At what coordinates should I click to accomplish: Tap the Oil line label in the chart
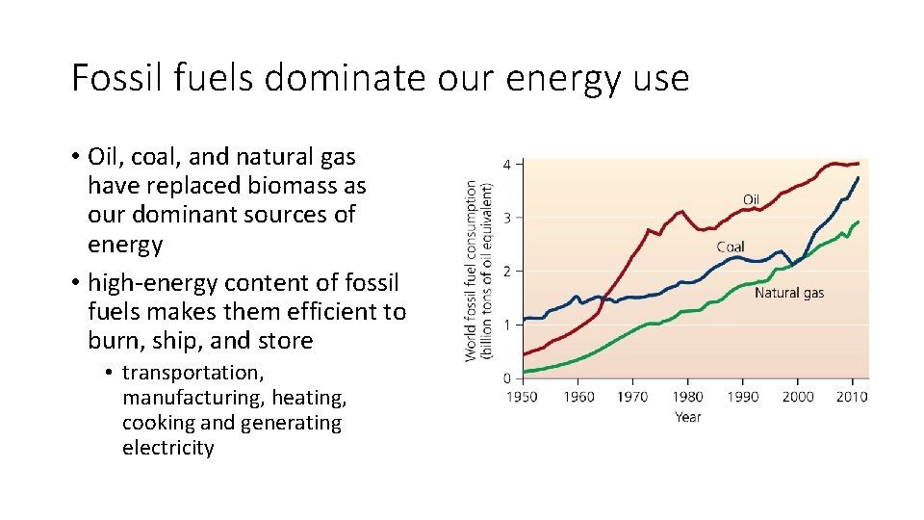751,199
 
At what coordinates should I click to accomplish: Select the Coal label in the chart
730,247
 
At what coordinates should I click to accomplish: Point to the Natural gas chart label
788,293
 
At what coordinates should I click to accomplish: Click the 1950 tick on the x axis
522,397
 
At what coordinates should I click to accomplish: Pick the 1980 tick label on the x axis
687,397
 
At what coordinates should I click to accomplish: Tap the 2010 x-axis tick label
852,397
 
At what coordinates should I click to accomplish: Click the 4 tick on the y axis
507,164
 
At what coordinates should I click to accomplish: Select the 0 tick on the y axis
507,378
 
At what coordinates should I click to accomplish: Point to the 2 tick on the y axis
507,271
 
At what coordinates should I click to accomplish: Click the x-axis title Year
687,417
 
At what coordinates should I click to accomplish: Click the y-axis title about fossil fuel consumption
478,272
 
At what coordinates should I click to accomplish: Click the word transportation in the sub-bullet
192,373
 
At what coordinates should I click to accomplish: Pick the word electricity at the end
167,448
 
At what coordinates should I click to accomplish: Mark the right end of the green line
859,221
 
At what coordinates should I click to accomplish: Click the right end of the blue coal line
859,178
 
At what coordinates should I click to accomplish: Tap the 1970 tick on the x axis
632,397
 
